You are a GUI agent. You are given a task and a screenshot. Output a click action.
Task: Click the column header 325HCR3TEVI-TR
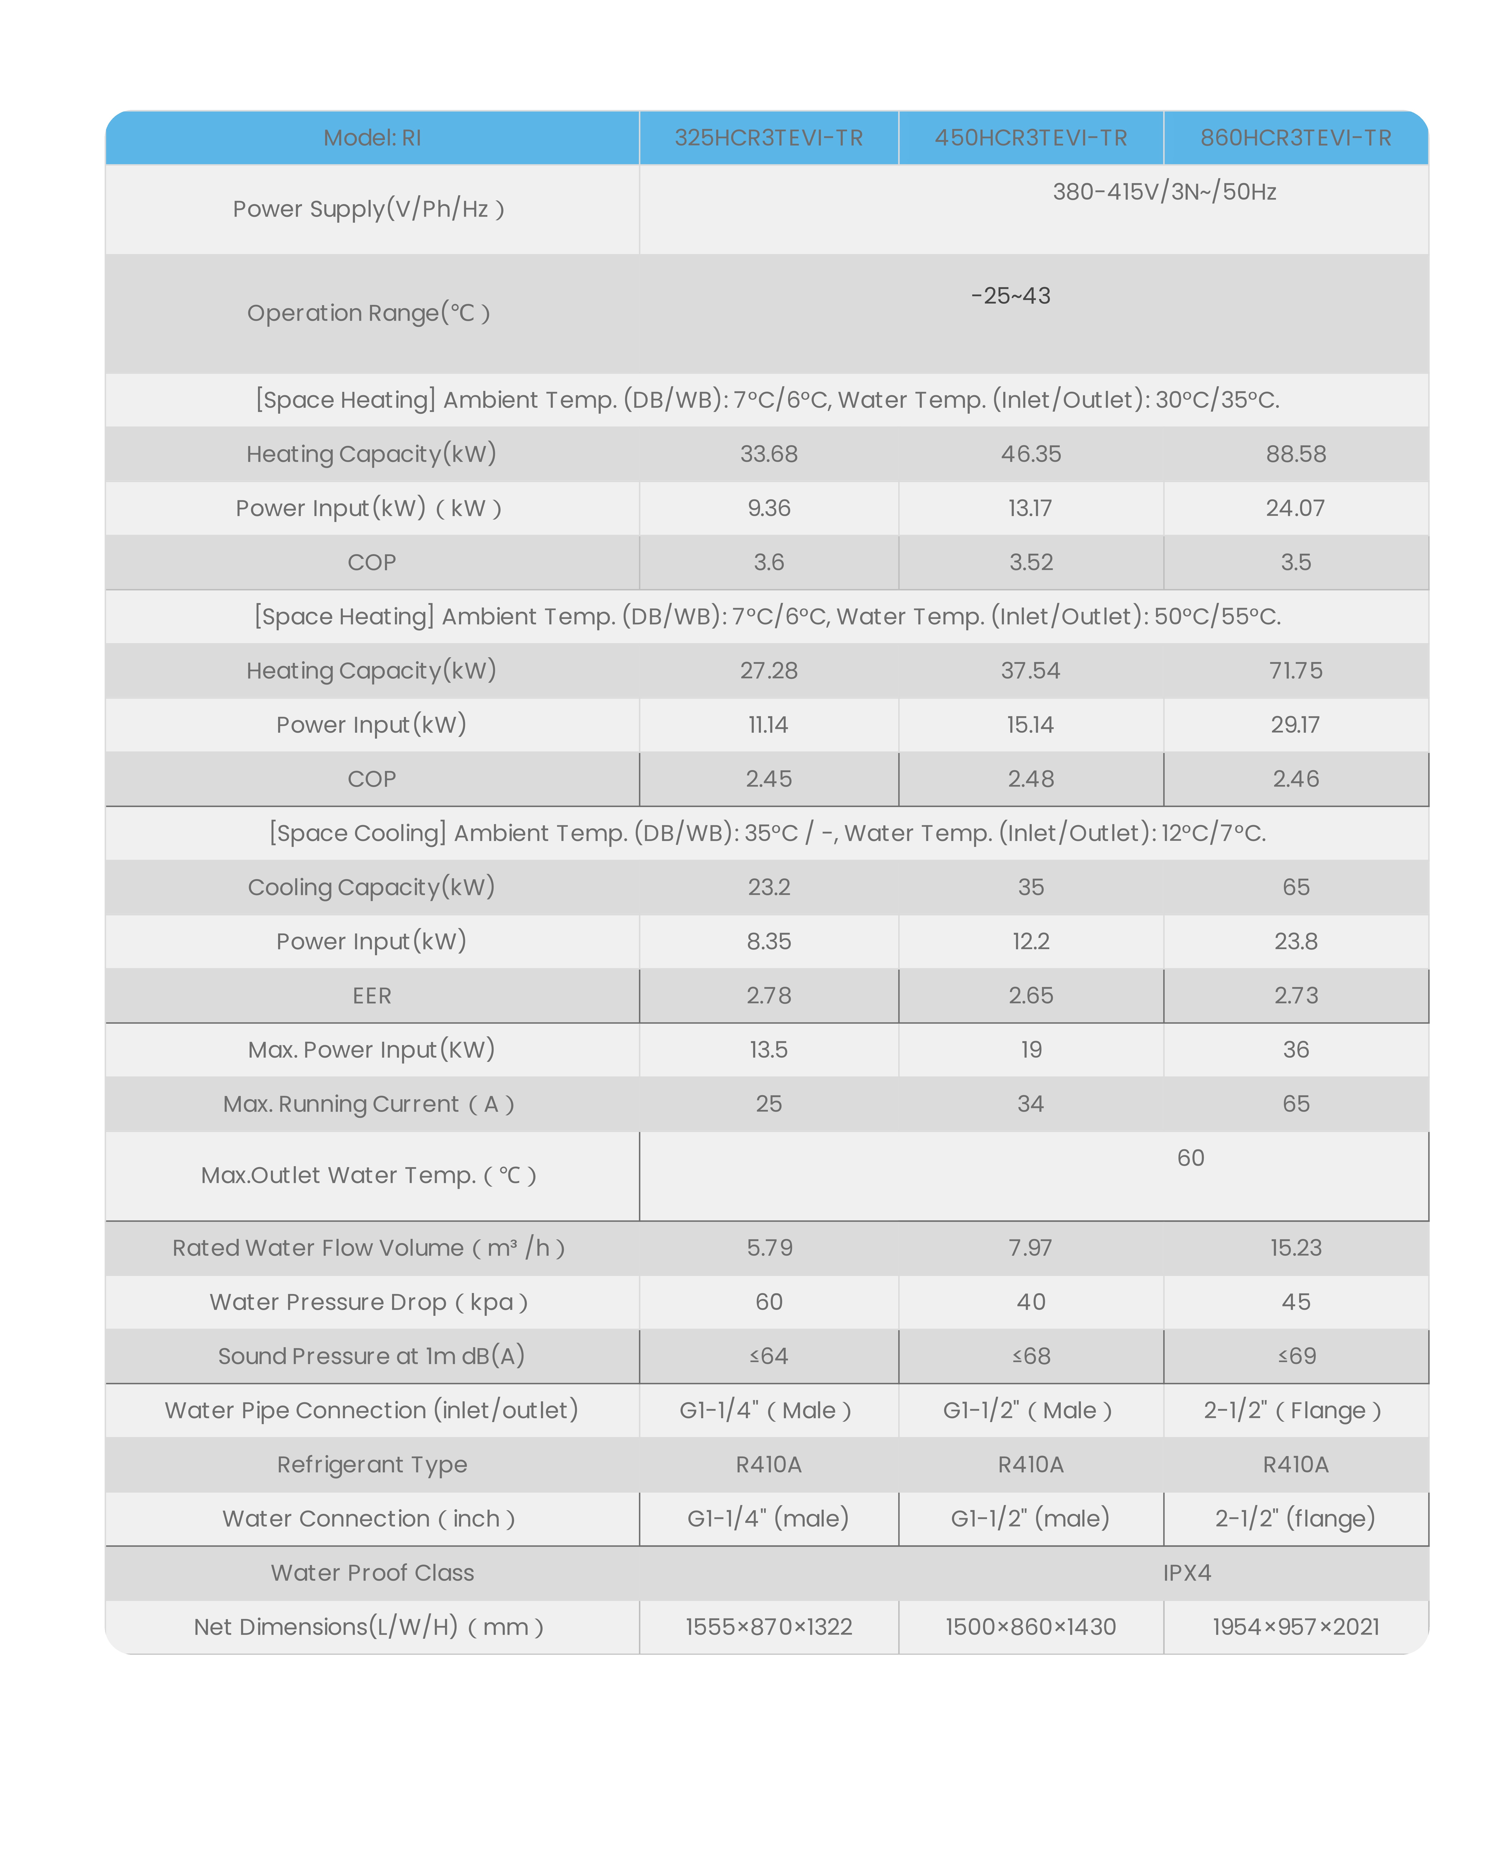pos(768,138)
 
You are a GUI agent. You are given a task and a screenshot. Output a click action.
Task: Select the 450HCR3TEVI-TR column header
pos(1031,138)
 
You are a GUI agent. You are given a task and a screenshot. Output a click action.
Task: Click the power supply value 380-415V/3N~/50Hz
pos(1164,192)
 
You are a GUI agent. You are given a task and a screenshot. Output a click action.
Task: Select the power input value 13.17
pos(1030,508)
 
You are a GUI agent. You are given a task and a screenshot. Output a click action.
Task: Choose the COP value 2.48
pos(1031,779)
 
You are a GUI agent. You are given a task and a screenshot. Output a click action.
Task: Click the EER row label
pos(372,996)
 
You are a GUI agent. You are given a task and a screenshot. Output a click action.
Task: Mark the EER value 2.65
pos(1031,996)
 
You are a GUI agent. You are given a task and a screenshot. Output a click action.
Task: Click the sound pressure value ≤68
pos(1031,1356)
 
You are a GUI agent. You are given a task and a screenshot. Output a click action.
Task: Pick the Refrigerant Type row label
pos(372,1465)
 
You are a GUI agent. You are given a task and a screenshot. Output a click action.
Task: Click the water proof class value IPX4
pos(1187,1574)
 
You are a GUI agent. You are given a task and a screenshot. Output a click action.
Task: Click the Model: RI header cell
pos(372,138)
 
